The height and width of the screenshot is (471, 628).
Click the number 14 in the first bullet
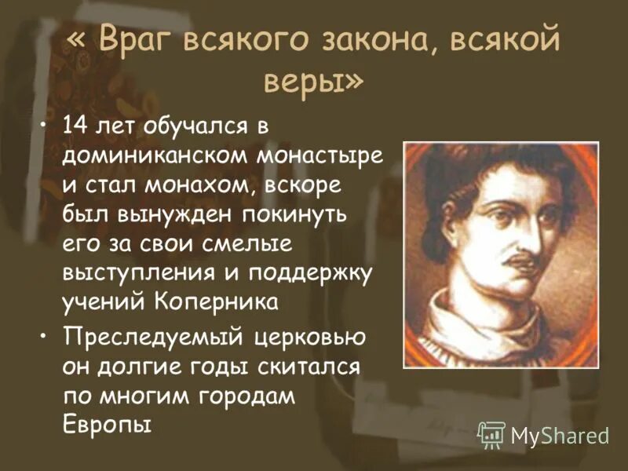coord(78,126)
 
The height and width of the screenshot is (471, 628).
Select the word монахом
coord(195,185)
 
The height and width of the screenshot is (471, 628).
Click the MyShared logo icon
coord(491,434)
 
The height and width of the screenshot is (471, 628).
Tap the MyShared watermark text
coord(560,435)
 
